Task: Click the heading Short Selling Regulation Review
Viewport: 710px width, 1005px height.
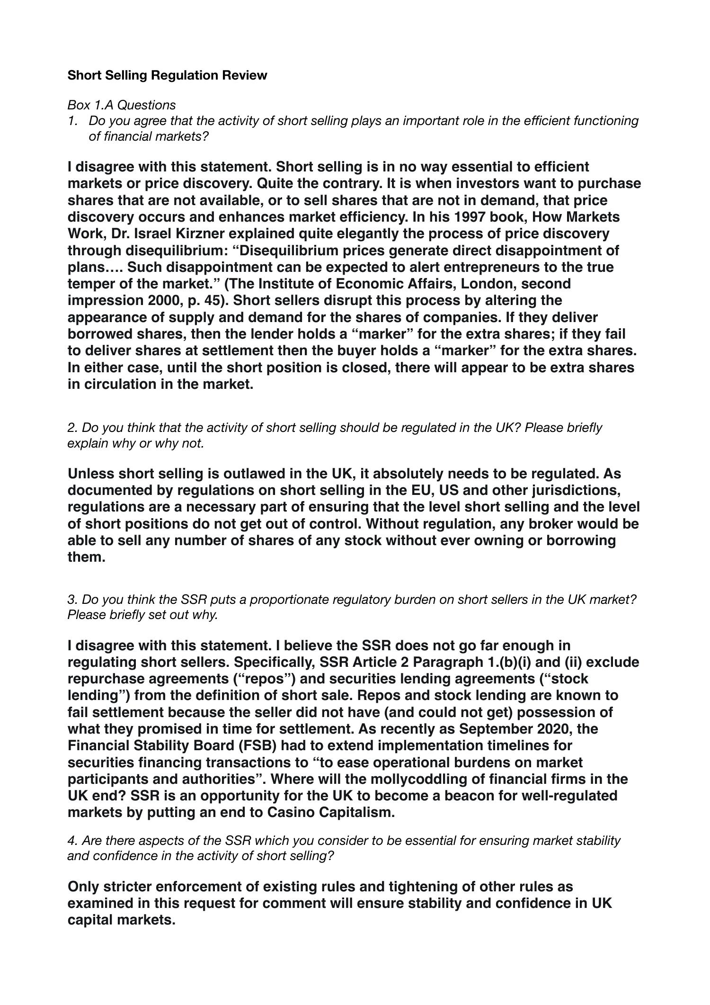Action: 167,75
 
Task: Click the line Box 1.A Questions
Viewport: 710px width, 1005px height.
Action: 122,105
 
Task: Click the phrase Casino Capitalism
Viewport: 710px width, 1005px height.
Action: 331,812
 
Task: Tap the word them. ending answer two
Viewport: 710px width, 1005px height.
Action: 86,557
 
